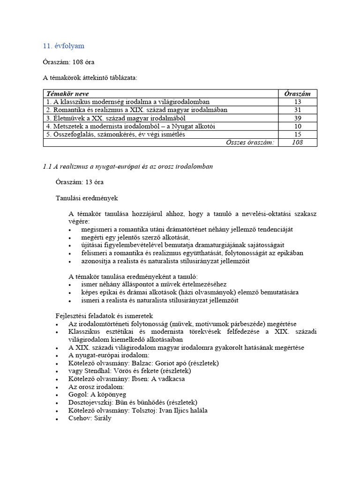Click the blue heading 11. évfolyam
coord(64,46)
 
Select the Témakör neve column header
coord(67,94)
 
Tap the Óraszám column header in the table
coord(297,94)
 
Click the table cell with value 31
coord(297,110)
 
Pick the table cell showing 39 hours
coord(297,118)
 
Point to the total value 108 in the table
coord(297,142)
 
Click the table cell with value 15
coord(297,134)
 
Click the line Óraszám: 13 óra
coord(79,181)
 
